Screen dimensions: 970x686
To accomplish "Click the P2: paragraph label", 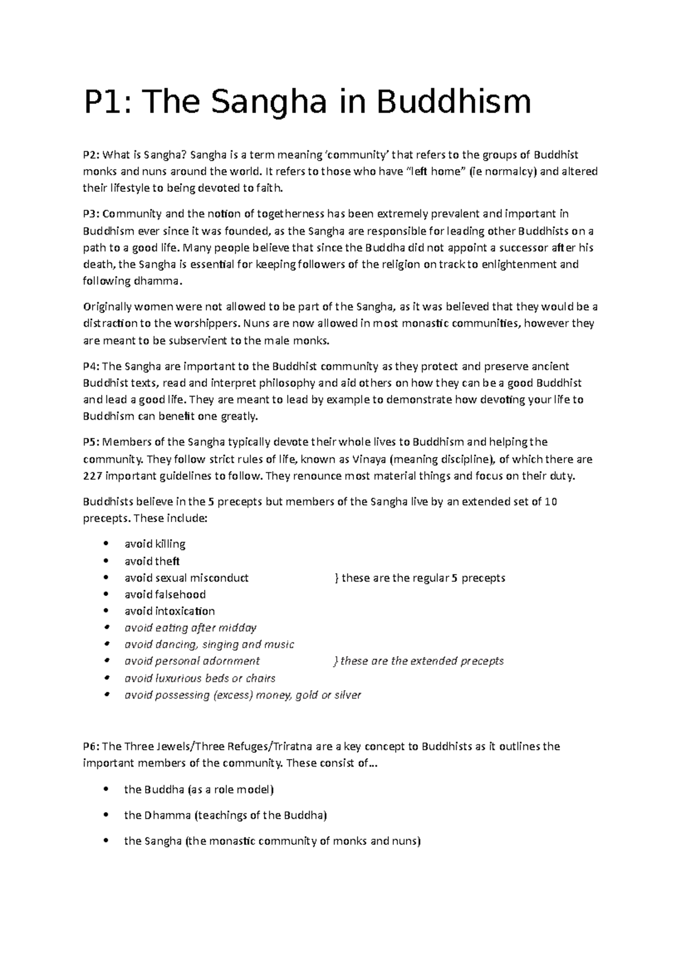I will (92, 155).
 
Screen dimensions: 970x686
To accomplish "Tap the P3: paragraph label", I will (92, 214).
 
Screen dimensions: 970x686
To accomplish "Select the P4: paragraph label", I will (92, 366).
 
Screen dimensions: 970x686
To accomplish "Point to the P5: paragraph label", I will (92, 442).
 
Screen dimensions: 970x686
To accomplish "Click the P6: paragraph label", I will (92, 747).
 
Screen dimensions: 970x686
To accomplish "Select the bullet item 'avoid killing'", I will (155, 544).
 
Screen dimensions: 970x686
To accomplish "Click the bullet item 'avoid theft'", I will (152, 562).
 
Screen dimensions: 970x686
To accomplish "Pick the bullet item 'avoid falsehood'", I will (165, 595).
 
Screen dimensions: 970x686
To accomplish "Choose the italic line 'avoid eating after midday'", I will (190, 628).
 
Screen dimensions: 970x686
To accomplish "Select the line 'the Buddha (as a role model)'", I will (199, 790).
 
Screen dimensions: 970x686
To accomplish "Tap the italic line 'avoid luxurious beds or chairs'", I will (200, 679).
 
